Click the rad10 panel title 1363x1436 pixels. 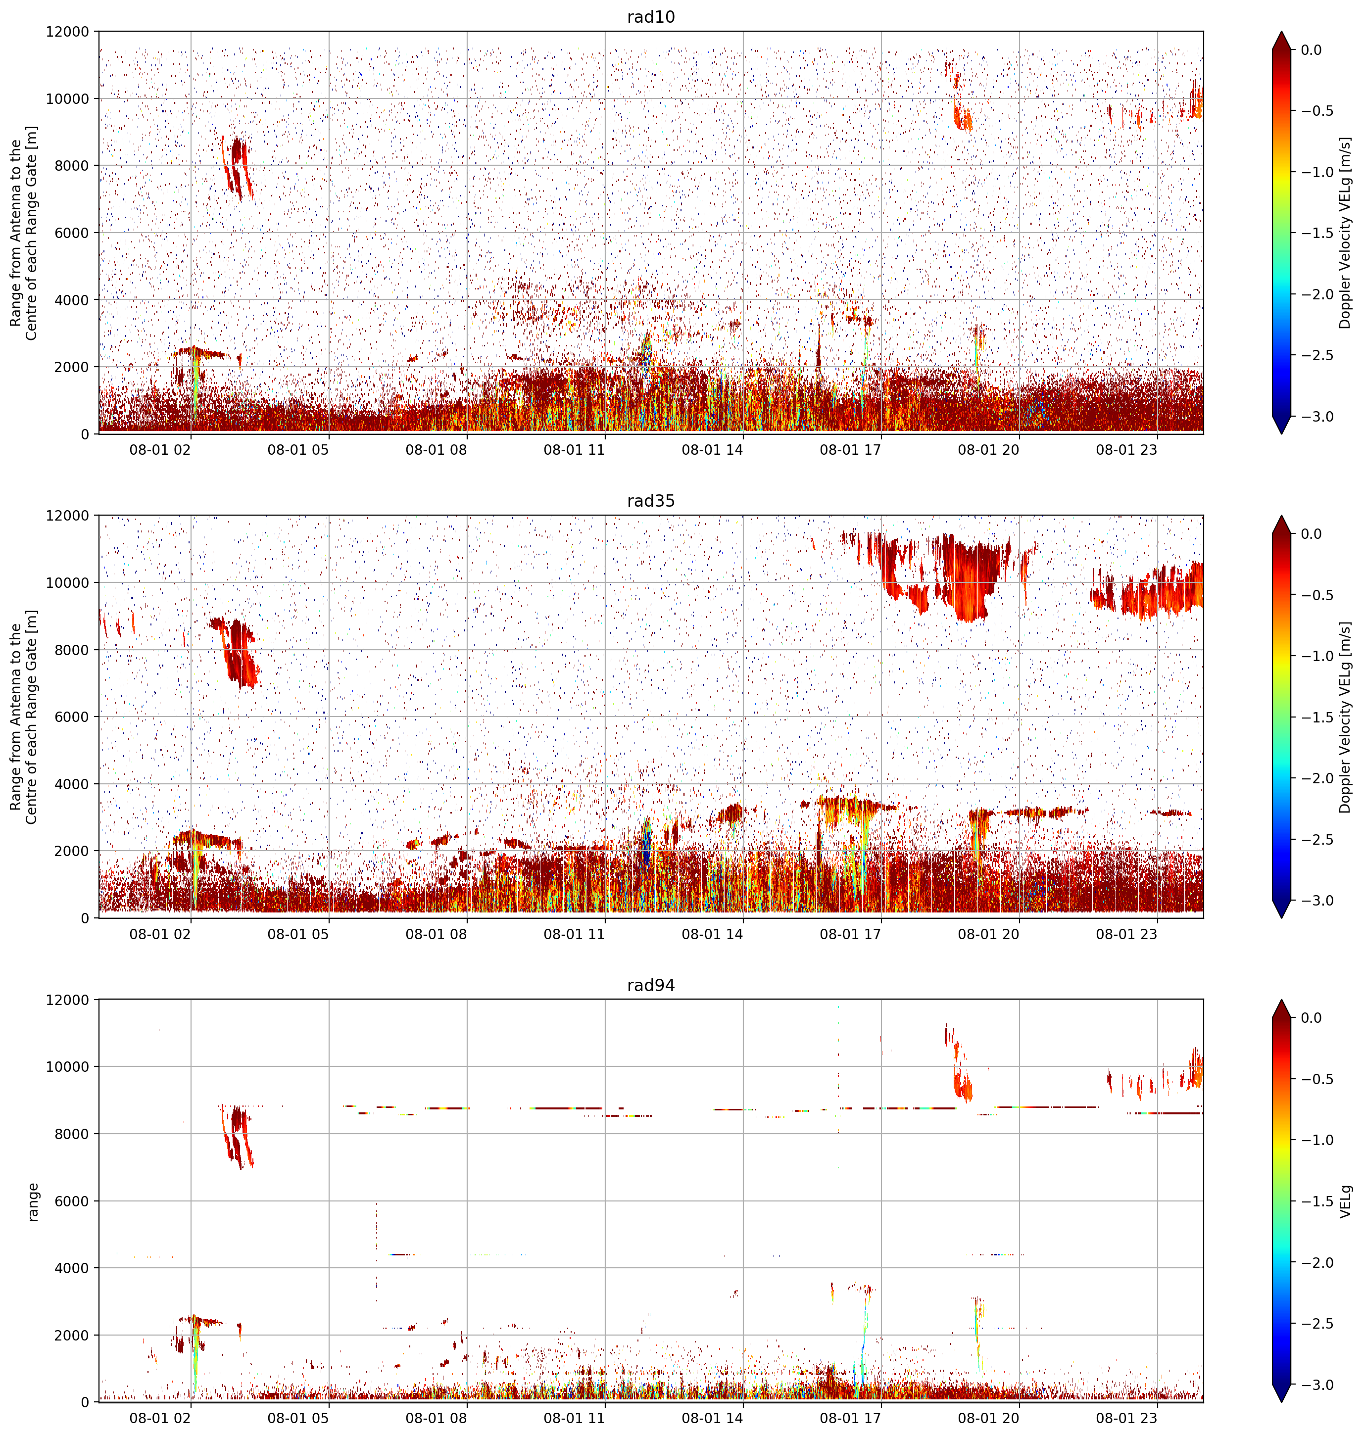click(651, 17)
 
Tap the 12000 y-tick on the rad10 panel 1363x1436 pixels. click(68, 32)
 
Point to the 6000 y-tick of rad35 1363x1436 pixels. click(72, 717)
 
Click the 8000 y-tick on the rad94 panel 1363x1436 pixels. click(72, 1134)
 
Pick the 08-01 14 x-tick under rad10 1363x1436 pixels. click(712, 450)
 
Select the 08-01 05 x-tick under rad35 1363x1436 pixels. click(298, 934)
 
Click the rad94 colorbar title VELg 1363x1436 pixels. click(1346, 1201)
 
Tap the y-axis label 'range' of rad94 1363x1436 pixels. click(33, 1201)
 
